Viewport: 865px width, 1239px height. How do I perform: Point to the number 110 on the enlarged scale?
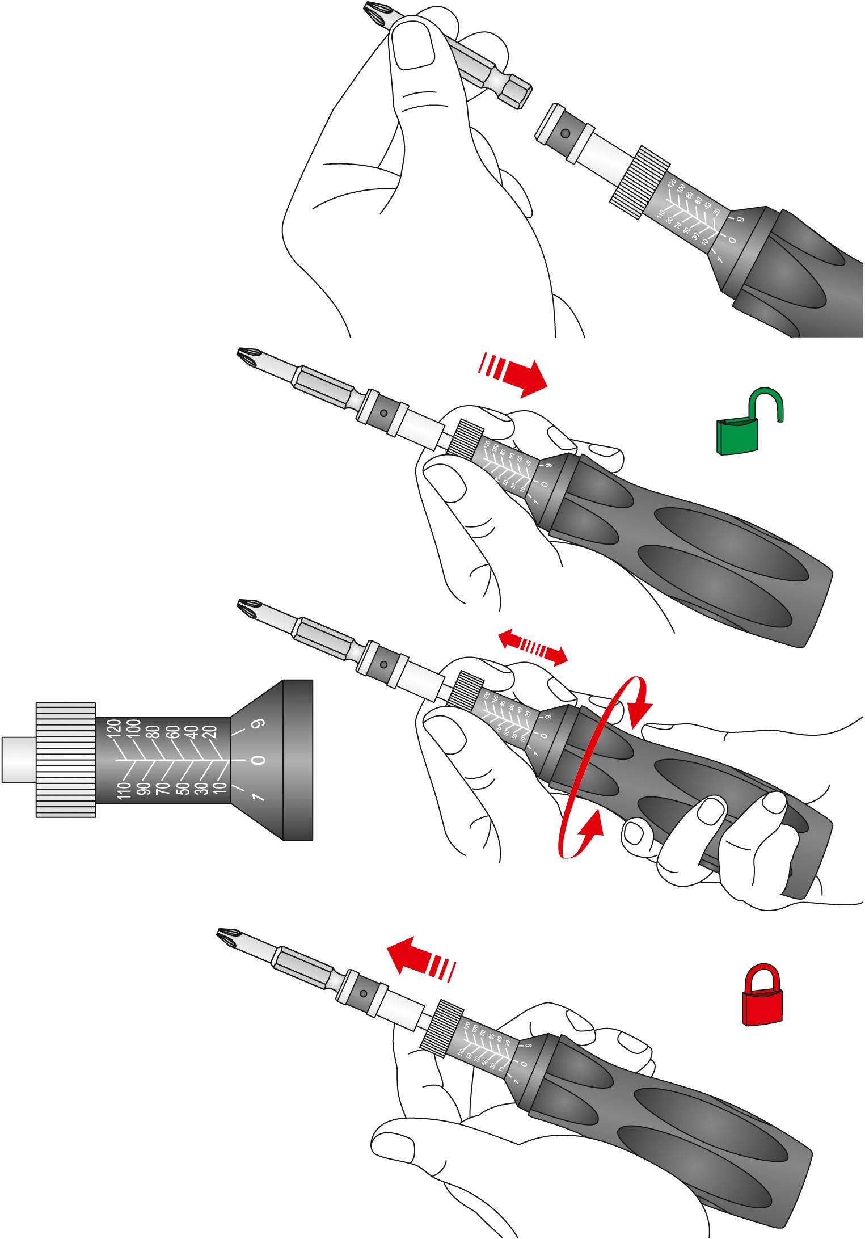pos(124,790)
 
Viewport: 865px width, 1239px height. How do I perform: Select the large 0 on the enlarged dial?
pos(258,760)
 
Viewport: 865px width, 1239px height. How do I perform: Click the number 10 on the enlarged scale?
pos(220,787)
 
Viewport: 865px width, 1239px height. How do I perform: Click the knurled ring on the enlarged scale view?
pos(65,760)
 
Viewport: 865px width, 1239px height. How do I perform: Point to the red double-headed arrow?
pos(533,647)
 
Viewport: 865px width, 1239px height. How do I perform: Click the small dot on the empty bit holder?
pos(565,133)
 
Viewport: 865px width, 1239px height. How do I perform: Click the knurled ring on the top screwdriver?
pos(640,183)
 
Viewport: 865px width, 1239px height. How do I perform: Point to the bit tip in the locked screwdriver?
pos(227,937)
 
